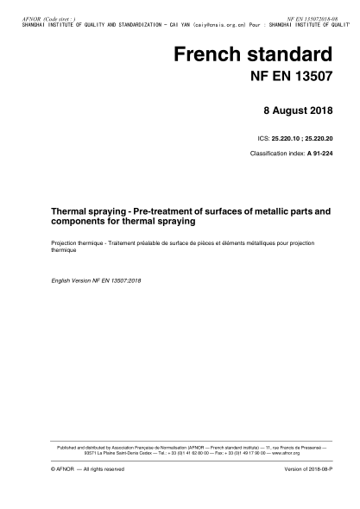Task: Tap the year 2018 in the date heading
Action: point(328,111)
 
